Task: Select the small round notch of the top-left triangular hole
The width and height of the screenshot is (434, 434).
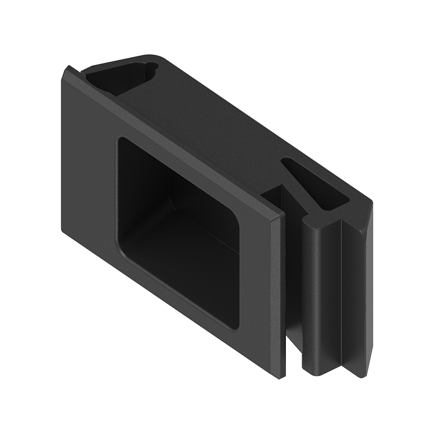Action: click(150, 68)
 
